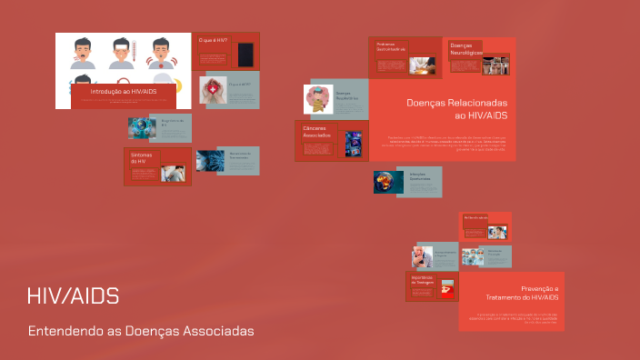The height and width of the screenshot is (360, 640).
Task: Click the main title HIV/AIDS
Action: [73, 297]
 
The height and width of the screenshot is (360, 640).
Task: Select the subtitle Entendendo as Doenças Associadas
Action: [141, 330]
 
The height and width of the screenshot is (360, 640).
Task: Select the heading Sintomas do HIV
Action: [140, 158]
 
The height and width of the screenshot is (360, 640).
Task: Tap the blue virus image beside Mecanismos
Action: [209, 161]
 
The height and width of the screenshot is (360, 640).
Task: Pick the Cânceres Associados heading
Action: [319, 132]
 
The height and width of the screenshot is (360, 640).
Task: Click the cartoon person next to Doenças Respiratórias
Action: [319, 99]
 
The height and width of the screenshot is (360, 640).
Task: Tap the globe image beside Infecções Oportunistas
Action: [388, 182]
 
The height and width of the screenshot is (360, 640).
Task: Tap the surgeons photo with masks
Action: [472, 256]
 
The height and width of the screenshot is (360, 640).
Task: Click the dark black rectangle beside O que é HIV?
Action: [245, 54]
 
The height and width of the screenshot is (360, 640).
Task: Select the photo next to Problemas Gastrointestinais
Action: [421, 65]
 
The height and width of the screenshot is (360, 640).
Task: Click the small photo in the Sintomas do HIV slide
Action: [174, 174]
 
